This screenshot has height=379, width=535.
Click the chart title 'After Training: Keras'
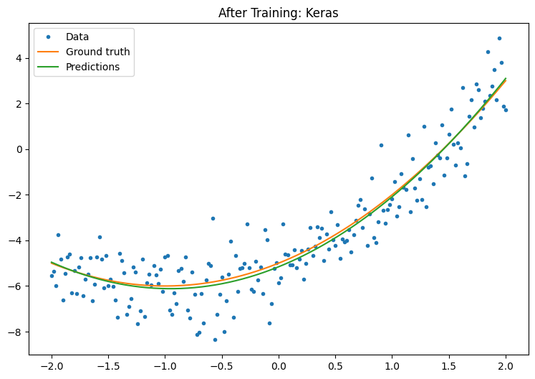(x=279, y=12)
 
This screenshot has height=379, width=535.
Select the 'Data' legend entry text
(x=77, y=37)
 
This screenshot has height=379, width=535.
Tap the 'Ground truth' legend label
(x=97, y=52)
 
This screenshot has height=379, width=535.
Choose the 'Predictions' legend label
(x=93, y=67)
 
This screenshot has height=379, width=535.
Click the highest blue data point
(x=499, y=39)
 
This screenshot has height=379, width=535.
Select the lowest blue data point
(x=215, y=340)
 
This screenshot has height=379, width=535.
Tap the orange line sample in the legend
(x=49, y=52)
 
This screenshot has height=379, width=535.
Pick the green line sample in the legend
(x=49, y=67)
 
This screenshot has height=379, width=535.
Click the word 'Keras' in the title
(x=323, y=12)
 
